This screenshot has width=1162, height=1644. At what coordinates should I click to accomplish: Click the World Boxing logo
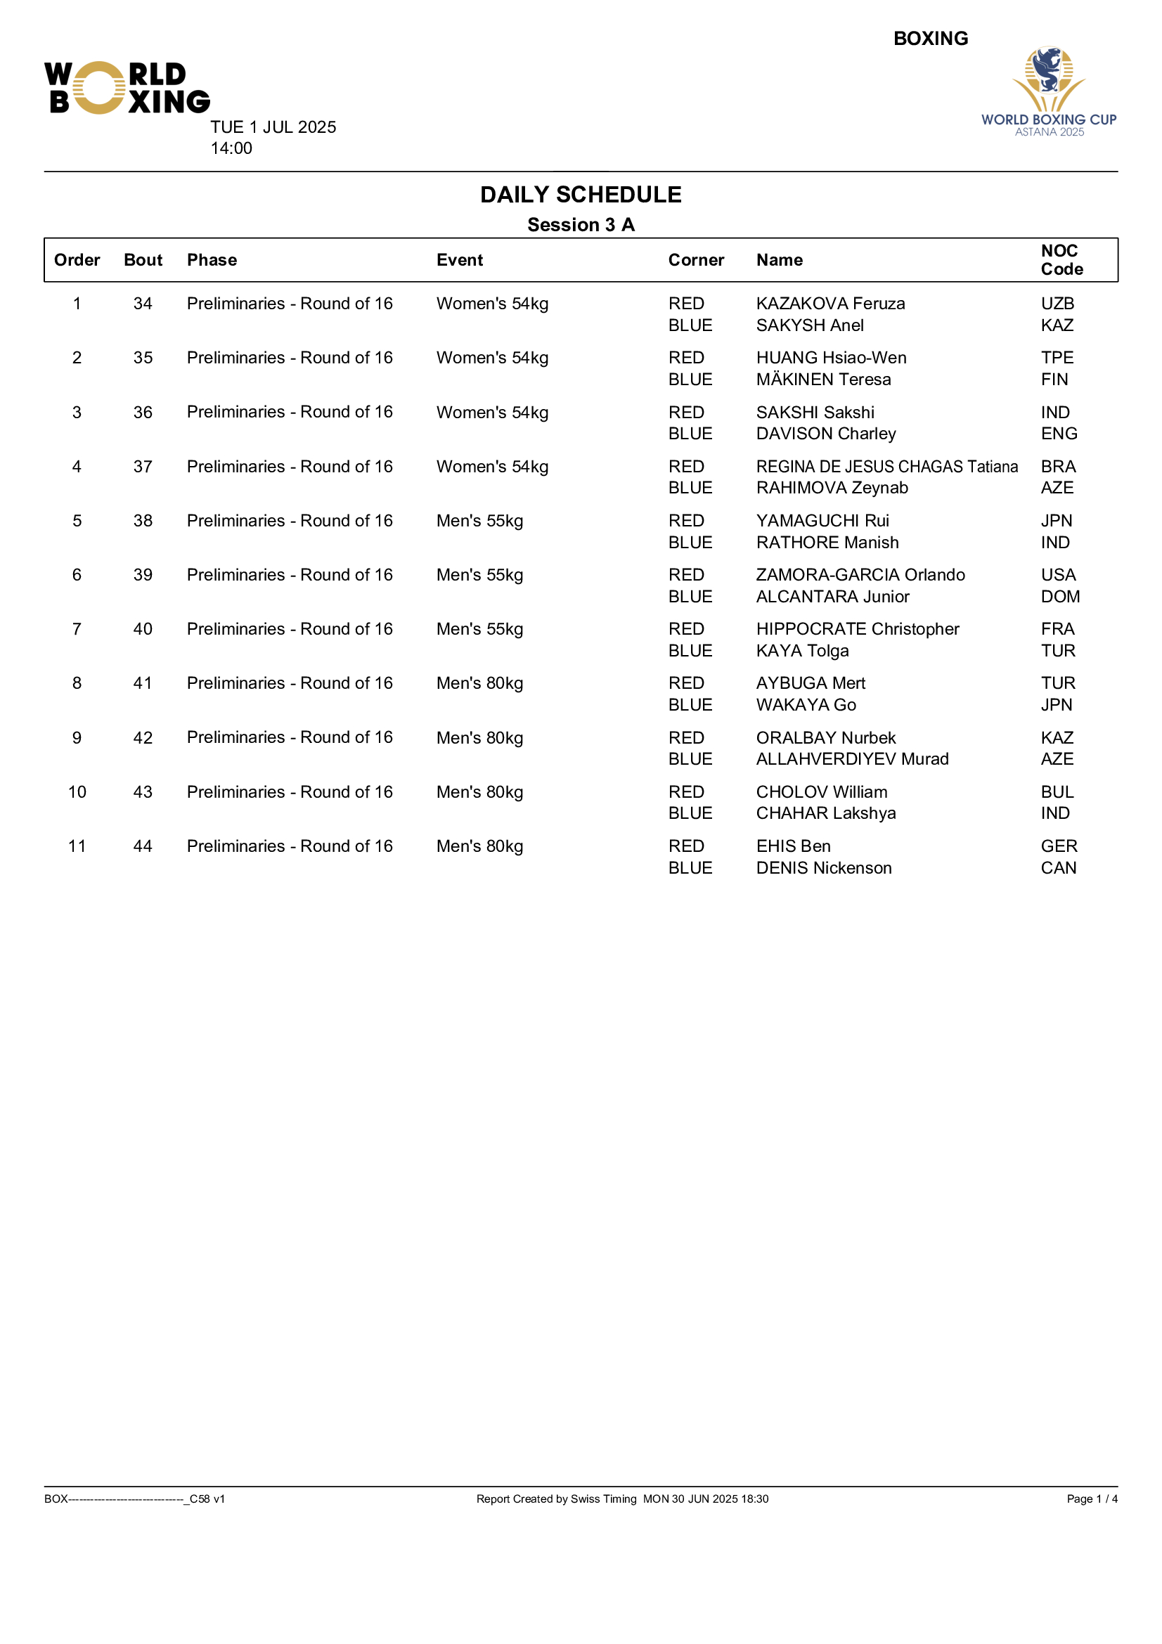(x=127, y=88)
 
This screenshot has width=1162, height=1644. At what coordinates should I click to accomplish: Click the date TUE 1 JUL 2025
(x=273, y=127)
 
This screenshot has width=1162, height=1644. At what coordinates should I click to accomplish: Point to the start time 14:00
(x=231, y=148)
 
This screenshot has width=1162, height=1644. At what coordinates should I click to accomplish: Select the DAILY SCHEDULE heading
(x=581, y=195)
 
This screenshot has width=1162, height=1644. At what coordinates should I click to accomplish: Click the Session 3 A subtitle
(x=581, y=225)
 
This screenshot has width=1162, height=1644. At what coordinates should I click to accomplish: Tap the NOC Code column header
(x=1061, y=260)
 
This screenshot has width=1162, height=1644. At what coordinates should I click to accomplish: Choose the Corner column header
(x=696, y=260)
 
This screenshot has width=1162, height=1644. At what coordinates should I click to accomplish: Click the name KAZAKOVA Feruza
(x=830, y=304)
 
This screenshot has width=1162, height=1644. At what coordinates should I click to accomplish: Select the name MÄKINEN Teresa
(x=823, y=380)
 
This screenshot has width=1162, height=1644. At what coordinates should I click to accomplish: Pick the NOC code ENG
(x=1058, y=434)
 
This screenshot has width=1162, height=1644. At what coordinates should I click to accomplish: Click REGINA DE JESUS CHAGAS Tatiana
(x=886, y=467)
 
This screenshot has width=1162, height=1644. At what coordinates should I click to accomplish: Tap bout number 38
(x=143, y=522)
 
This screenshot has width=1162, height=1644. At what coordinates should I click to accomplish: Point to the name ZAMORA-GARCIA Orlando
(x=860, y=575)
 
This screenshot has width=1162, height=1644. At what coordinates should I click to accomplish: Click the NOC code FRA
(x=1057, y=629)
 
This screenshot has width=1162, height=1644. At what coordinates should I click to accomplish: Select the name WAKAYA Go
(x=806, y=705)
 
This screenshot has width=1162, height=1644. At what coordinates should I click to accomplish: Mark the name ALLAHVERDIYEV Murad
(x=852, y=759)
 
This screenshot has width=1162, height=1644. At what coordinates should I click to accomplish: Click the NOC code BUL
(x=1057, y=792)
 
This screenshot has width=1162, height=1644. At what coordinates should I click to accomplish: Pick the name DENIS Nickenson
(x=823, y=868)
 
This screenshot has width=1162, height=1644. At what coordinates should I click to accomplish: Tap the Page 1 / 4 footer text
(x=1091, y=1499)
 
